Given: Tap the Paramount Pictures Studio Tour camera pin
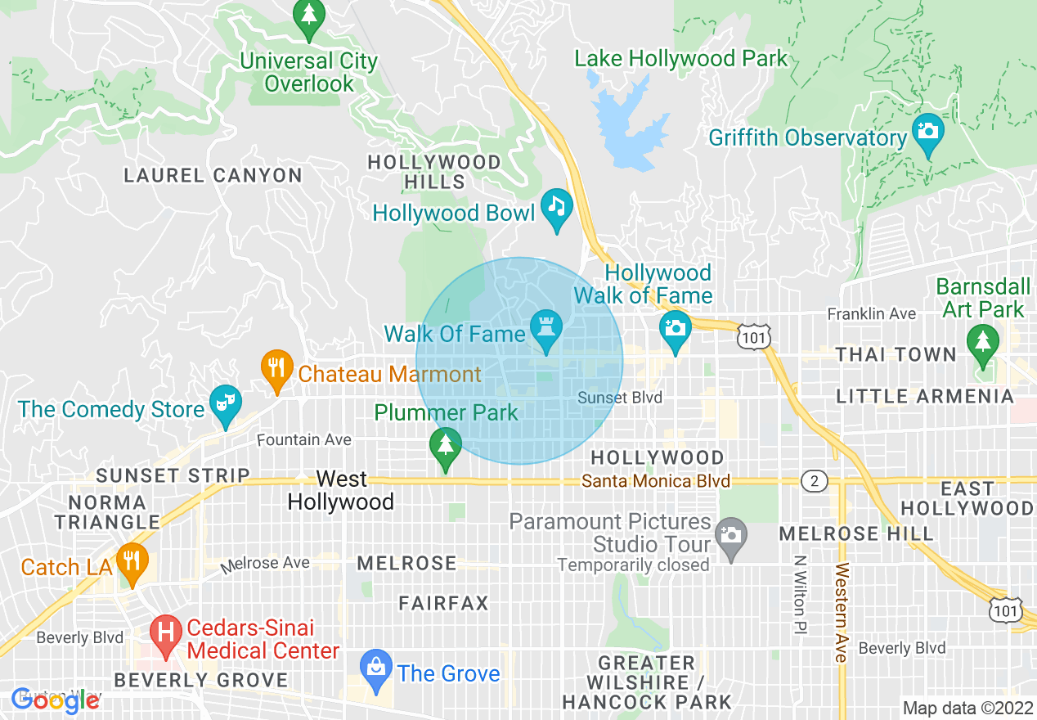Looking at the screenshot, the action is point(730,537).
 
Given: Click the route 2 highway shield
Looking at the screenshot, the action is point(814,481).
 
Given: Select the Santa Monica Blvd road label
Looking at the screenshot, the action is point(656,481).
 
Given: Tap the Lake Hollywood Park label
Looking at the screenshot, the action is point(680,59).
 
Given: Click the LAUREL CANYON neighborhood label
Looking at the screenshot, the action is point(213,175).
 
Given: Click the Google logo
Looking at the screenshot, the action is point(56,700).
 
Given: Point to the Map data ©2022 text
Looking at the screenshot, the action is point(967,707).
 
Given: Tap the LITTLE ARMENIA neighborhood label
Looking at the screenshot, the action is point(924,396).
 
